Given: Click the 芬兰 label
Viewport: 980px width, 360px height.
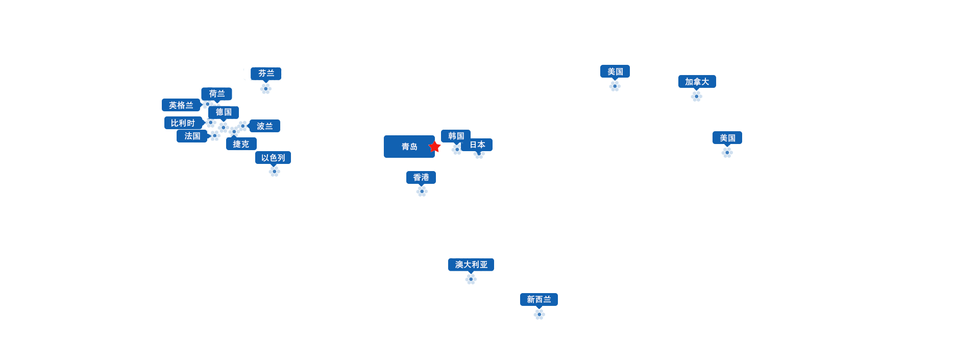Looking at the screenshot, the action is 266,74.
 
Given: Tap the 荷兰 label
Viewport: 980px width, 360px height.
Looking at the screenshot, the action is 216,94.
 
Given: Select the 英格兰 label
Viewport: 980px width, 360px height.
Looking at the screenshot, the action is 181,105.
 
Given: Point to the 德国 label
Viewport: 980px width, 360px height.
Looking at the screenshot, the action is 224,112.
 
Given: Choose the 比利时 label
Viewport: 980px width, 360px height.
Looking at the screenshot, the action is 183,123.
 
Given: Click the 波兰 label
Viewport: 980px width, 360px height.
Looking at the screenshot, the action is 264,126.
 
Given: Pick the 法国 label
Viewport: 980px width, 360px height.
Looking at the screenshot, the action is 192,136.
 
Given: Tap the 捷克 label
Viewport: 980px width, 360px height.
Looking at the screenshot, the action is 241,144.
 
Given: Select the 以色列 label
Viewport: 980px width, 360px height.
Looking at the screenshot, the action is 273,158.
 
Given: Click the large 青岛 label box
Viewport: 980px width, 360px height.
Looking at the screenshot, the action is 409,147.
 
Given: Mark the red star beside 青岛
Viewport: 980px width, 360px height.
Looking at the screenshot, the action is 434,147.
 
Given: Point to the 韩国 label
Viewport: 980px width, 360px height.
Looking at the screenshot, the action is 456,136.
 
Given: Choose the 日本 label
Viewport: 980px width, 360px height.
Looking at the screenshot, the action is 477,145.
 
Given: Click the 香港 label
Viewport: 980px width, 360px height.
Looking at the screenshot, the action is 421,178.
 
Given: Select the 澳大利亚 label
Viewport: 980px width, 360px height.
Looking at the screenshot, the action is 471,265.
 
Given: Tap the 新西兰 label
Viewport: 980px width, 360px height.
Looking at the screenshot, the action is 539,299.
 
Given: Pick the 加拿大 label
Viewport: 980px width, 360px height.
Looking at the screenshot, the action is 697,82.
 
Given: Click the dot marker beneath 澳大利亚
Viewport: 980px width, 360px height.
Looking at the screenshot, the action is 471,279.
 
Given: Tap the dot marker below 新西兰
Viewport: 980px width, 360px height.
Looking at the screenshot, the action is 540,315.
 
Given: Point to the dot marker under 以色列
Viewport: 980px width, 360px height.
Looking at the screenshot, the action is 275,172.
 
